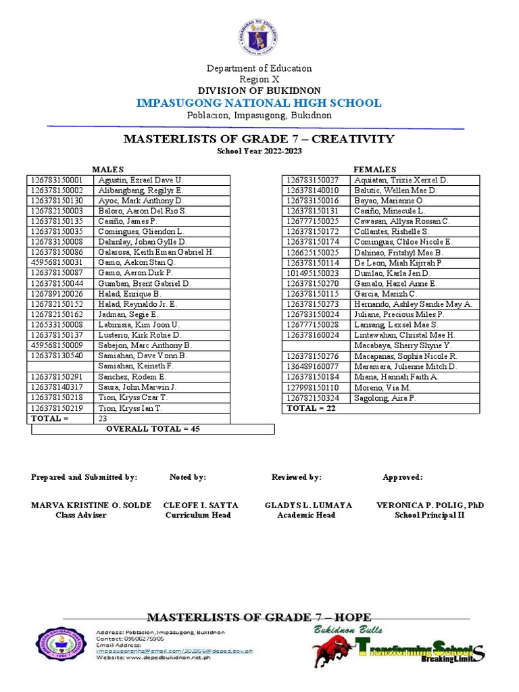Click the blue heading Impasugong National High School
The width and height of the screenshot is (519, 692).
259,103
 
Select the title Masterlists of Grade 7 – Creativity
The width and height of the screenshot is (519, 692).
259,139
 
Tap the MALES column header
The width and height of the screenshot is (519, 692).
108,170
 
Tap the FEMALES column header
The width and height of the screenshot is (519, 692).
375,170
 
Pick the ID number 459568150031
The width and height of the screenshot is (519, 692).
57,262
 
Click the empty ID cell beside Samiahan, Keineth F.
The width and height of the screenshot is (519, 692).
61,366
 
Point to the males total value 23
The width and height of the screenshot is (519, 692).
103,418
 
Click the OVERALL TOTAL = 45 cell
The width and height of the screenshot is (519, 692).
153,429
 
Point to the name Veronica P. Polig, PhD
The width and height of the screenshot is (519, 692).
430,505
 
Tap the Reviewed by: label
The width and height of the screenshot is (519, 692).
296,477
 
